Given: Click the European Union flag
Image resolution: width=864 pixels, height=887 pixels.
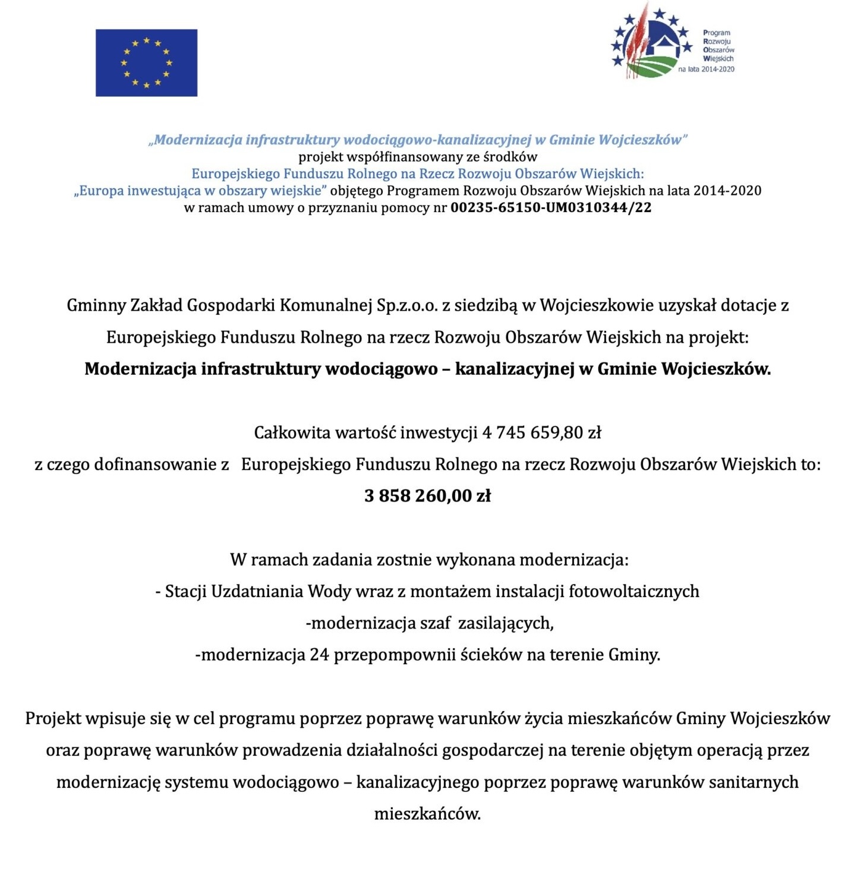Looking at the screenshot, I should point(146,62).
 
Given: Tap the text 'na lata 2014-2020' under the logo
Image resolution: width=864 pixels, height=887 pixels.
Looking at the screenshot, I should point(706,70).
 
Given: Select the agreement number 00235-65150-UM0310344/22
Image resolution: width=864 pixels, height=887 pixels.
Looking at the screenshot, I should point(551,208).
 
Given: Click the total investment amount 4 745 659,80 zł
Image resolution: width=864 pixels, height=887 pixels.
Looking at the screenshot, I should point(541,433).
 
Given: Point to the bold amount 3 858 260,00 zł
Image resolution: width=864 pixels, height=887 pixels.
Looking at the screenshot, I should point(427,496).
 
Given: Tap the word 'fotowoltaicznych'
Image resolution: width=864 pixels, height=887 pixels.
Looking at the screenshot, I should point(634,592).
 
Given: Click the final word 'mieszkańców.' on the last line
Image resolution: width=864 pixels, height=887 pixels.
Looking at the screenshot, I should point(427,814).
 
